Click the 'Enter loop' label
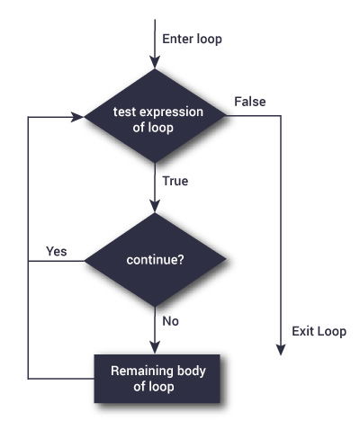click(191, 39)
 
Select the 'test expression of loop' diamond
click(156, 119)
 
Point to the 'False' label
click(248, 102)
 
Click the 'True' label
click(175, 181)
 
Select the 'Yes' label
click(56, 251)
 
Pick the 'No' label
click(170, 319)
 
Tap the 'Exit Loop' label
click(319, 331)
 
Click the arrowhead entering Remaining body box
click(156, 349)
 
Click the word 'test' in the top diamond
click(124, 112)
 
